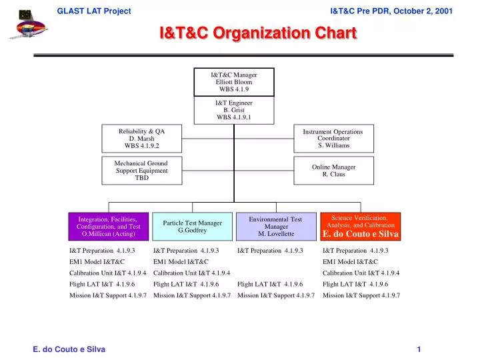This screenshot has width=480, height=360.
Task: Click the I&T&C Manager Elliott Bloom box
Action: click(x=233, y=82)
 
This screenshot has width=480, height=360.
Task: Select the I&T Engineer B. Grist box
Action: click(x=233, y=110)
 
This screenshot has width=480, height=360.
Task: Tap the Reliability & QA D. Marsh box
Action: click(x=141, y=139)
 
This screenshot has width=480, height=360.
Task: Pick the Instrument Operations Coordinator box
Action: click(x=333, y=139)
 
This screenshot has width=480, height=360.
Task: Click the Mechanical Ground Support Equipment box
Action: click(x=141, y=171)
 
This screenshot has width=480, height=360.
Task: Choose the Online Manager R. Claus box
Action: click(x=333, y=170)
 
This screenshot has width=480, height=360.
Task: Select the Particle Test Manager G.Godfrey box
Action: click(x=192, y=227)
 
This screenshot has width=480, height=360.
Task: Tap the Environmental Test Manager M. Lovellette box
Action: click(x=275, y=227)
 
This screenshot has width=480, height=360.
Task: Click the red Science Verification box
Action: click(x=360, y=227)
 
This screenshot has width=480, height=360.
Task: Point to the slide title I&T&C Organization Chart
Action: click(x=257, y=33)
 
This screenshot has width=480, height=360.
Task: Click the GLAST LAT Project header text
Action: click(x=94, y=11)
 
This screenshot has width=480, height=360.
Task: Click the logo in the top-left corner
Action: click(x=27, y=23)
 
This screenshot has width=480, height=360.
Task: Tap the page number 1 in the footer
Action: click(x=419, y=349)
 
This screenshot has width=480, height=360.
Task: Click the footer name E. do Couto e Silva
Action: click(x=69, y=349)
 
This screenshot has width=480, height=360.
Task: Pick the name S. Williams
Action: click(x=333, y=146)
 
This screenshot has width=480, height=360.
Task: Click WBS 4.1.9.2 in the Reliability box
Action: click(x=141, y=146)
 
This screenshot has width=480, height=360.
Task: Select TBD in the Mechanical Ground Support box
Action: click(x=141, y=178)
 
